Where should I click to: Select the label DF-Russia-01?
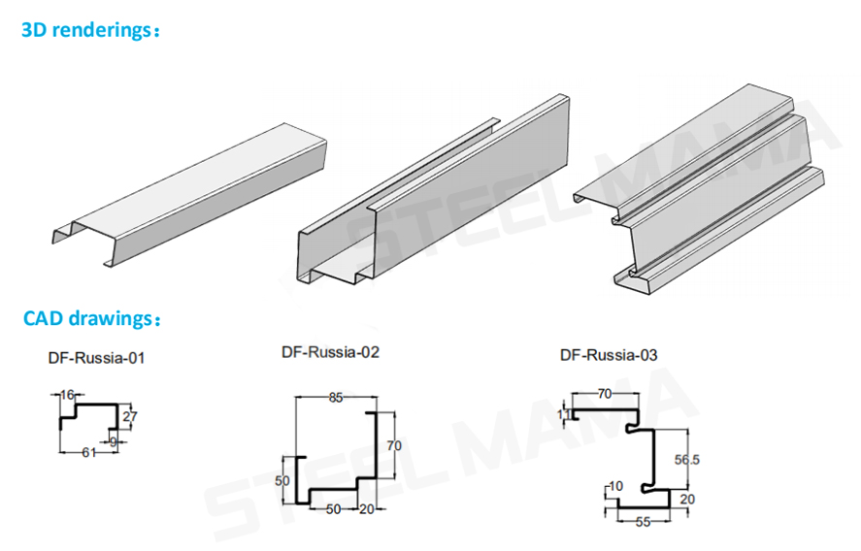(x=96, y=358)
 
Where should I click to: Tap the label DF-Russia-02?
(x=331, y=352)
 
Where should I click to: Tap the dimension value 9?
(x=114, y=441)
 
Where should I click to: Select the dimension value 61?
(x=87, y=453)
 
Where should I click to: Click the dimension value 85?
(x=335, y=396)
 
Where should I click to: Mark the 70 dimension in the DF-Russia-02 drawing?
(x=392, y=446)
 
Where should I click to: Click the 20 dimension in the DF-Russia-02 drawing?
(x=367, y=508)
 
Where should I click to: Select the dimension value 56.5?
(x=686, y=461)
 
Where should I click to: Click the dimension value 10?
(x=614, y=486)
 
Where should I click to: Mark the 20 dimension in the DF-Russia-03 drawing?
(x=687, y=499)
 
